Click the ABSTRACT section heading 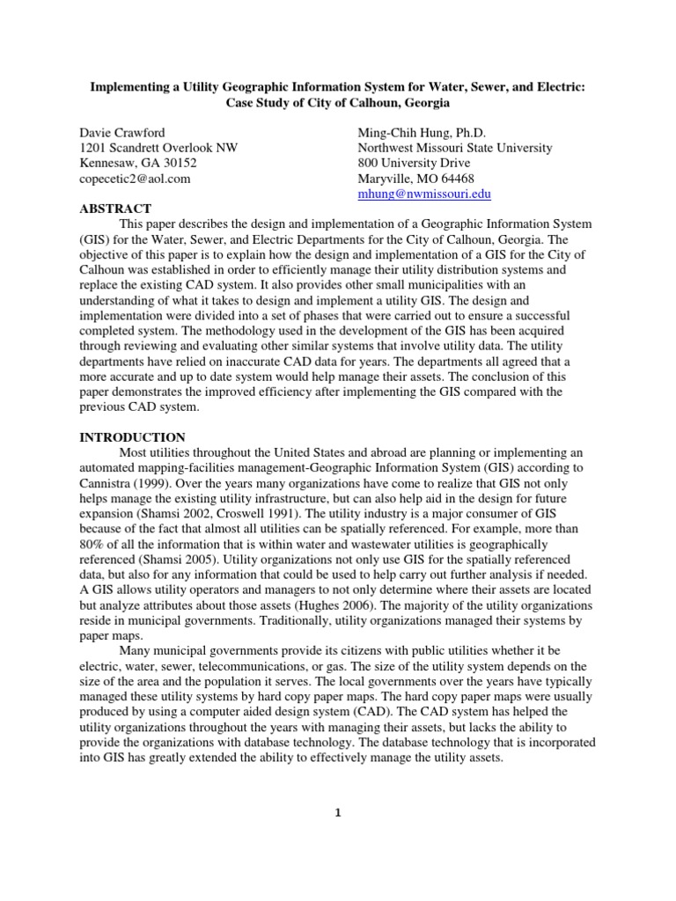pyautogui.click(x=116, y=209)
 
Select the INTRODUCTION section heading pyautogui.click(x=133, y=437)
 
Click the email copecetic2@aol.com pyautogui.click(x=135, y=179)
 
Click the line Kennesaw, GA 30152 pyautogui.click(x=139, y=164)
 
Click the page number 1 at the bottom pyautogui.click(x=337, y=813)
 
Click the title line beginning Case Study pyautogui.click(x=337, y=103)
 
